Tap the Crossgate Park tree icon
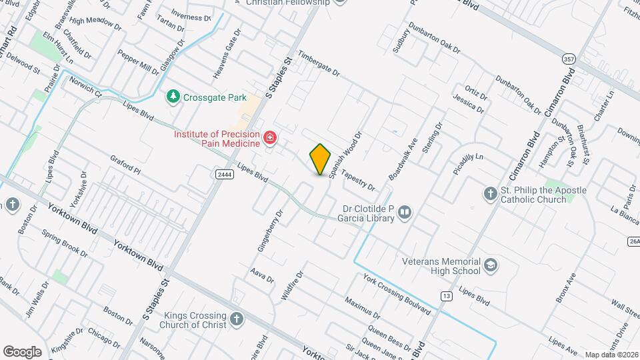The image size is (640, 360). coord(173,97)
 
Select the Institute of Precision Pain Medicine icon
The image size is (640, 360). coord(270,138)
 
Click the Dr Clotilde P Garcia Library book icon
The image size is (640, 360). coord(404,213)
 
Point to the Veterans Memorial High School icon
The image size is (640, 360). coord(491,265)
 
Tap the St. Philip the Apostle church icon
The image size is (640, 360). coord(490,193)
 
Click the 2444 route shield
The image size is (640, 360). coord(224,174)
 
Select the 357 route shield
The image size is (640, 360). coord(568,57)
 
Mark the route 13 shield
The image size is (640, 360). coord(445,295)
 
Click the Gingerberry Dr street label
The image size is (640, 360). coord(271,231)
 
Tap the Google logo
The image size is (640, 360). coord(22,352)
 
